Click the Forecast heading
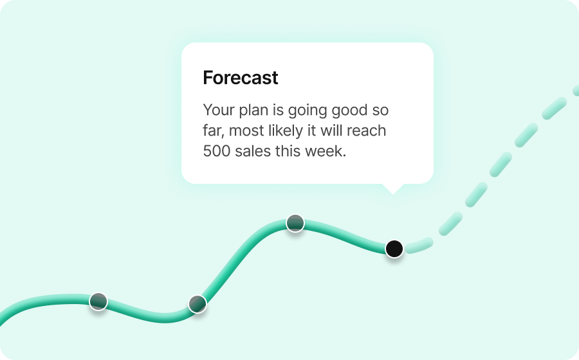(240, 78)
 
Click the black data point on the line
(394, 248)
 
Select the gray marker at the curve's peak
(295, 223)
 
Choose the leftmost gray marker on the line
(98, 301)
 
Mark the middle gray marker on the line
(198, 304)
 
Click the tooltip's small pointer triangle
(392, 188)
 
